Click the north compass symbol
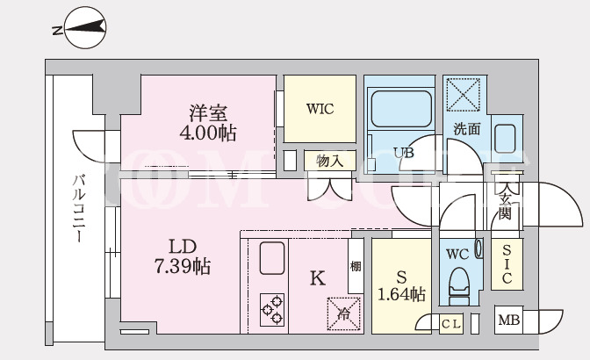[85, 28]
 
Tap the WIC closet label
[320, 109]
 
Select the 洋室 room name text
[208, 113]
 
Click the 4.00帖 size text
[208, 133]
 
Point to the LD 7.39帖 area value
[183, 266]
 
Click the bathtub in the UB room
[401, 109]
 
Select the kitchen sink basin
[271, 258]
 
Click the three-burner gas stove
[271, 310]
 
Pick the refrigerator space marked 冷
[343, 313]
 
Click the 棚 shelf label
[356, 266]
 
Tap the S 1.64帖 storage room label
[401, 286]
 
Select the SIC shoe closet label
[507, 263]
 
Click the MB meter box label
[508, 320]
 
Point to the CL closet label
[450, 324]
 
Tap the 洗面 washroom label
[467, 129]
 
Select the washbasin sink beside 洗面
[505, 139]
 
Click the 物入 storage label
[329, 161]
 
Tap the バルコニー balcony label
[79, 209]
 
